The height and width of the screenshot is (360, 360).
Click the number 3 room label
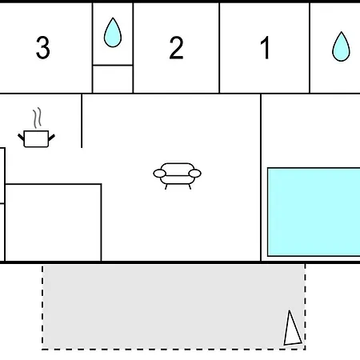click(43, 47)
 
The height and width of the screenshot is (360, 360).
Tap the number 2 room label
click(176, 48)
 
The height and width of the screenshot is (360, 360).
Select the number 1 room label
click(265, 48)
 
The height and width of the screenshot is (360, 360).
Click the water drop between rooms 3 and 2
click(113, 33)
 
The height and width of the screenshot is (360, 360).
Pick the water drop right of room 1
click(341, 46)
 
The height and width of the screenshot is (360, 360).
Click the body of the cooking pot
click(36, 138)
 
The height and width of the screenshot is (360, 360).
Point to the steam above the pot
click(38, 118)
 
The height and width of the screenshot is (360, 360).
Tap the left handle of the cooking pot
click(21, 138)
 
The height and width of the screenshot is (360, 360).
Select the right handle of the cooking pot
click(51, 138)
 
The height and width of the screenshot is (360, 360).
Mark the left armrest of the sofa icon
click(159, 174)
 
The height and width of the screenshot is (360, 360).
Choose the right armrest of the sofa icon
click(195, 174)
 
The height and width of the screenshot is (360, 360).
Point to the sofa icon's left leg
click(166, 186)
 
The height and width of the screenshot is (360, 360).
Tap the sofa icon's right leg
click(190, 186)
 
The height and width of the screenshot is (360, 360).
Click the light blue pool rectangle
click(314, 212)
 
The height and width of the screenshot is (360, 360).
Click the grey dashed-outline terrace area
click(174, 306)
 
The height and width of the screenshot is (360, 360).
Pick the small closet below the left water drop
click(113, 79)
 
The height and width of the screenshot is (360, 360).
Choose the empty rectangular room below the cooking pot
click(53, 222)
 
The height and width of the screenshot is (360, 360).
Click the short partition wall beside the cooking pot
click(82, 121)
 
